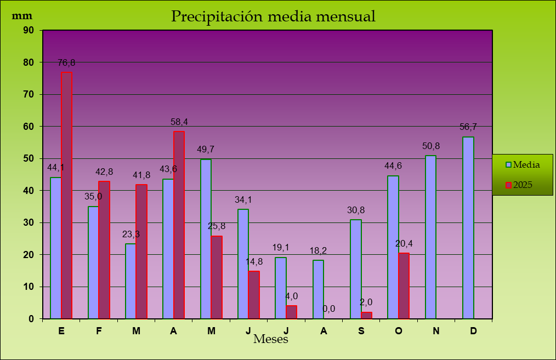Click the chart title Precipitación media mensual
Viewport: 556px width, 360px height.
pos(273,16)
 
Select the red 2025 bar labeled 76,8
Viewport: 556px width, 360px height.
pos(66,195)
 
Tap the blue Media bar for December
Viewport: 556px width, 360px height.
pos(468,227)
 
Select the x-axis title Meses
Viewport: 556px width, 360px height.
pos(271,339)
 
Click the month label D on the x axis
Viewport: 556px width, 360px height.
pos(473,330)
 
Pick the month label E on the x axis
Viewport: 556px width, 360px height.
pos(61,330)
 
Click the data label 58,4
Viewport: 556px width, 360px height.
pos(179,122)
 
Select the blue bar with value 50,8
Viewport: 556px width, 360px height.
pos(430,237)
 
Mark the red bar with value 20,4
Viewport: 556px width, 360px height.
pos(404,285)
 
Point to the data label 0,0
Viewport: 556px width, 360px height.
pos(329,309)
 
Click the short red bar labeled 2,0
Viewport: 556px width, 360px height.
pos(366,315)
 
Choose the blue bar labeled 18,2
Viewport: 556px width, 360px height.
pos(318,289)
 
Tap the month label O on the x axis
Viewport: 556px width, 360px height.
pos(399,330)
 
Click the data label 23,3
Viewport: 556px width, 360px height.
pos(131,234)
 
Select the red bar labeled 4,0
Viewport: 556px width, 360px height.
pos(291,312)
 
